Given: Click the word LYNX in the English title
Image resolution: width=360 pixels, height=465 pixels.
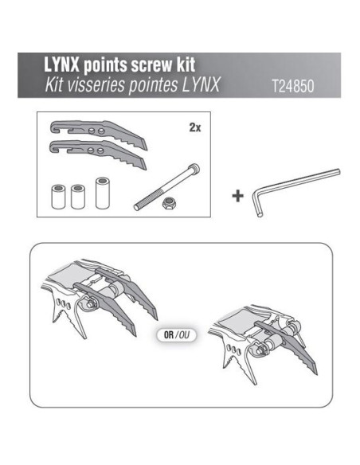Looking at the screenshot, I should pos(51,64).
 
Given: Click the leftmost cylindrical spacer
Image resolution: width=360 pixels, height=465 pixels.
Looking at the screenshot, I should pos(59,196).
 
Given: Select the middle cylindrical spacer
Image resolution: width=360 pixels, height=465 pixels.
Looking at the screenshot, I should pos(77,196).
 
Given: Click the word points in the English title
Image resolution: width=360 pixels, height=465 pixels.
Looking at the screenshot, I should pos(96,64).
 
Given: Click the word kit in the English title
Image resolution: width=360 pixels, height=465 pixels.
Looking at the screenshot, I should pos(179,64).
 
